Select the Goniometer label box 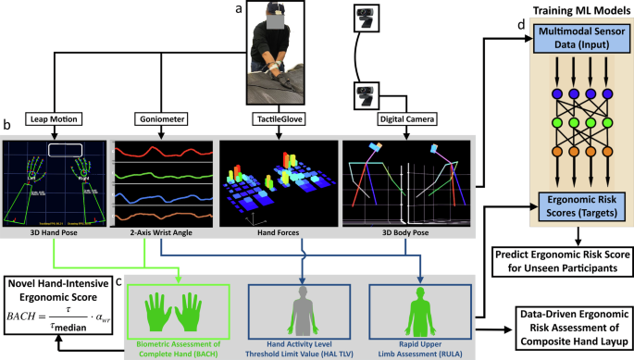pyautogui.click(x=158, y=118)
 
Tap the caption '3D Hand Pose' pyautogui.click(x=53, y=234)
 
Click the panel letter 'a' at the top pyautogui.click(x=239, y=8)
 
